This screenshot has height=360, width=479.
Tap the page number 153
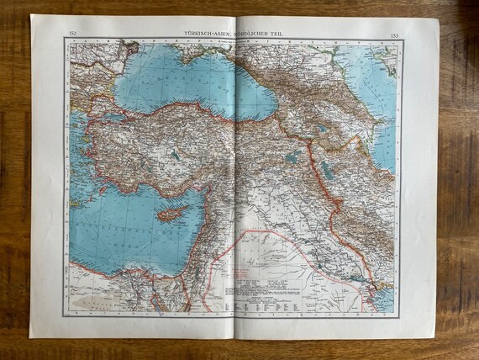(395, 35)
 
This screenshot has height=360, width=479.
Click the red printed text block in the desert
(252, 273)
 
